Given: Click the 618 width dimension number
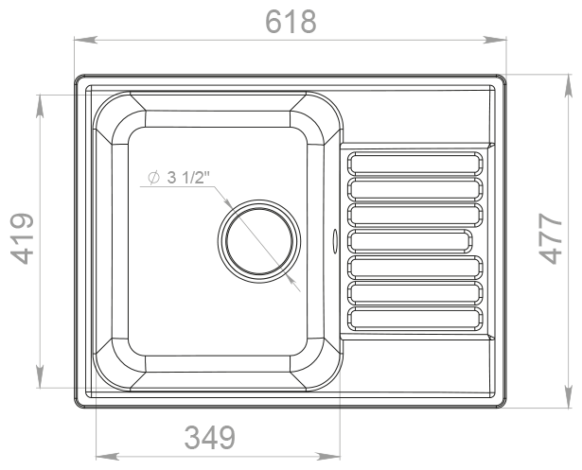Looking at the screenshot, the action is click(291, 22).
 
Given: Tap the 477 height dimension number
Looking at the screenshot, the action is click(550, 238).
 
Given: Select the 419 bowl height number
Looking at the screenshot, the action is click(22, 238).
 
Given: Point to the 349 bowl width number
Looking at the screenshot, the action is click(210, 437).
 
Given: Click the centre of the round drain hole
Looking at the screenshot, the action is click(259, 241).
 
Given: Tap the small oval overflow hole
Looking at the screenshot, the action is click(335, 241).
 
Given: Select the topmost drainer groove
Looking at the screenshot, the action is click(415, 164).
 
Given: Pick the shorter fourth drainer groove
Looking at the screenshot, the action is click(410, 241).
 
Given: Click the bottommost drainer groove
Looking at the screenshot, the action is click(415, 319).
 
